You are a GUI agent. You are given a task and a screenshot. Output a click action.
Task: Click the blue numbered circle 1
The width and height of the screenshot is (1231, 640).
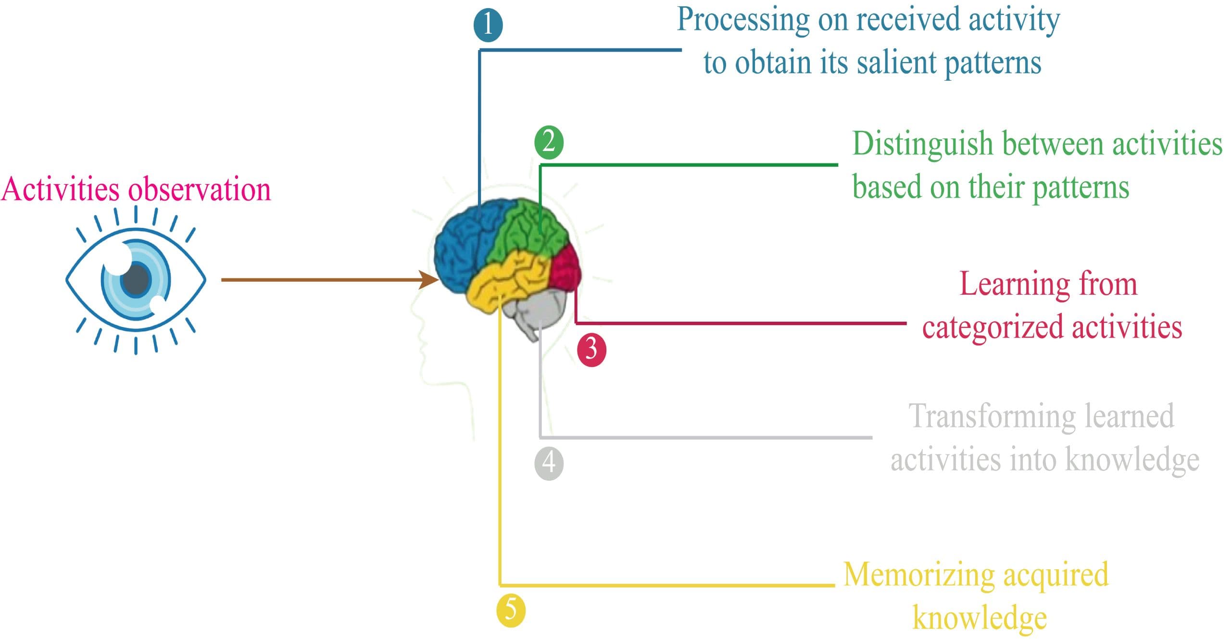click(488, 25)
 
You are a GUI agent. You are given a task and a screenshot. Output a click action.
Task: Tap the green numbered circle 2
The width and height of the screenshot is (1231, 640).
click(549, 143)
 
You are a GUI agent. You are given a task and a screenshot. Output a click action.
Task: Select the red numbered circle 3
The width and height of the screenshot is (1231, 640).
click(591, 349)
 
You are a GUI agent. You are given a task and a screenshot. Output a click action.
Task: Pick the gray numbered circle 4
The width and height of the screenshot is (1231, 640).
click(549, 463)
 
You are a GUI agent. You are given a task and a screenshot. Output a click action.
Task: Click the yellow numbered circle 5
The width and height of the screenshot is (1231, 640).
click(511, 610)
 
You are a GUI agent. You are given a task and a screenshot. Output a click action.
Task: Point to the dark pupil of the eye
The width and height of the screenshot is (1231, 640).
click(137, 279)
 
